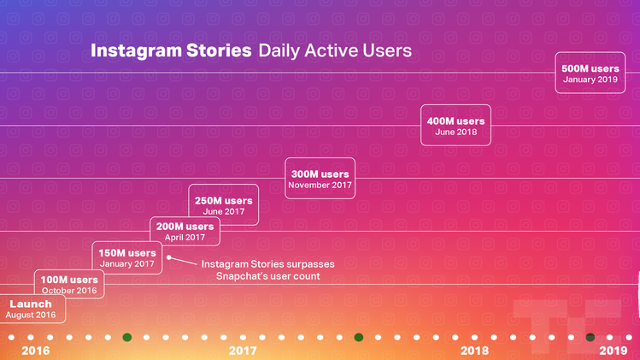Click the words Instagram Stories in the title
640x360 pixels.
(171, 51)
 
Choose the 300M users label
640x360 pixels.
(320, 174)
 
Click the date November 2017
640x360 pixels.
(320, 185)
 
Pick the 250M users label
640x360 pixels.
(224, 201)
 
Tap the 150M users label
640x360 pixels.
(127, 253)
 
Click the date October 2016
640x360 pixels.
(69, 291)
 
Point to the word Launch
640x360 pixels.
(31, 304)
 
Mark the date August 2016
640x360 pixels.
(31, 316)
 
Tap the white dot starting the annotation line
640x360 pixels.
(169, 257)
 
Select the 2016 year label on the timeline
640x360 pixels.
(35, 351)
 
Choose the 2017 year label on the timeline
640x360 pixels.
(243, 351)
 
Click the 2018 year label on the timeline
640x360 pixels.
(474, 351)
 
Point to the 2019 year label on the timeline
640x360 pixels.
(613, 351)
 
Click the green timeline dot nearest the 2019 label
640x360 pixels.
(590, 337)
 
